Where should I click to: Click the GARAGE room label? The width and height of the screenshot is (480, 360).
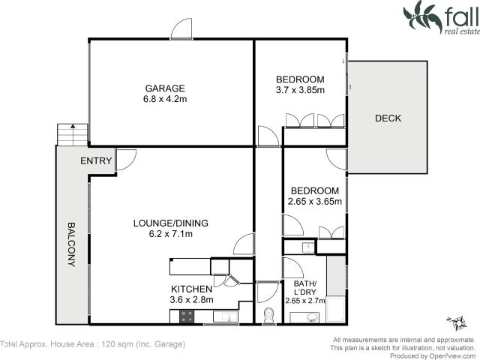(165, 88)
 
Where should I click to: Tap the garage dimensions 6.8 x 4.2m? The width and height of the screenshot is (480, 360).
(165, 99)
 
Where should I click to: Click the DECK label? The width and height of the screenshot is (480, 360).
(388, 118)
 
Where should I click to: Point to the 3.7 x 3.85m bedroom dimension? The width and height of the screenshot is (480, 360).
(300, 91)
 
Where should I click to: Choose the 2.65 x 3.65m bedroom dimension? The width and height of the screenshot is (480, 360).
(315, 201)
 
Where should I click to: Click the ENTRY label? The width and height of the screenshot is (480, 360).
(97, 161)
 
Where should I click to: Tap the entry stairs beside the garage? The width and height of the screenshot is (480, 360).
(72, 135)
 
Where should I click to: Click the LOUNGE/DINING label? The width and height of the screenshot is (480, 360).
(171, 223)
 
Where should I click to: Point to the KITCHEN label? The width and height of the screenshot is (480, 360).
(192, 289)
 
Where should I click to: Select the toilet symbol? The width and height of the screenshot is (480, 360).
(268, 316)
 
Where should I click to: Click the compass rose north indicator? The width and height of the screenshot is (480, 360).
(454, 323)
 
